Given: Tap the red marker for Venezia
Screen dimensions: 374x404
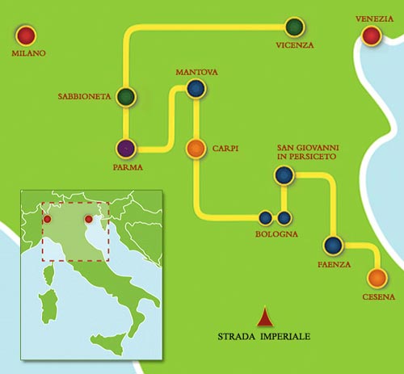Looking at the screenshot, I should (x=372, y=36).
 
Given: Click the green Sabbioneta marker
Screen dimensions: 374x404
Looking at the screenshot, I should (x=125, y=97).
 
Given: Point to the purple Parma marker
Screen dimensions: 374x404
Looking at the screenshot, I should (x=126, y=148).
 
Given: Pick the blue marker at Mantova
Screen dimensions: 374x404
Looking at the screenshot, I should (x=194, y=89).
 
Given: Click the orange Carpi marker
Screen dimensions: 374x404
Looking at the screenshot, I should (x=196, y=149).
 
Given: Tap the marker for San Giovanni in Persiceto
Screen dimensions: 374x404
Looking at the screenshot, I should (x=283, y=174).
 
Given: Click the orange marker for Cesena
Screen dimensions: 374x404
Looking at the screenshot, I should (x=376, y=279).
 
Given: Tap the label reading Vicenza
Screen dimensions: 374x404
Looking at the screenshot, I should (x=294, y=45).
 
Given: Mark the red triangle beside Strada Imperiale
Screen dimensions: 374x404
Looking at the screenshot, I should (x=262, y=319).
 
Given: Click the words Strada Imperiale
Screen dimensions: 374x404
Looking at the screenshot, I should (x=263, y=335).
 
